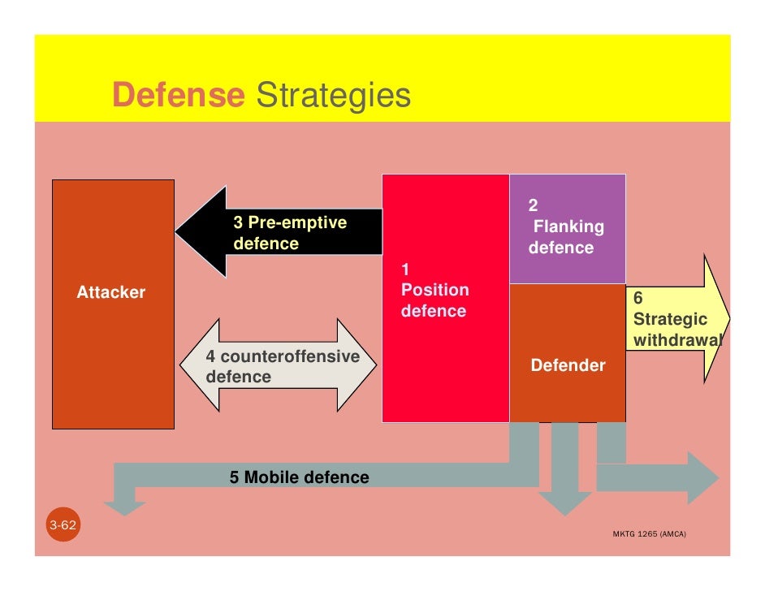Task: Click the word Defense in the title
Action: (178, 96)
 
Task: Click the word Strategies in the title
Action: (334, 96)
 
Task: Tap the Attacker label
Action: (111, 292)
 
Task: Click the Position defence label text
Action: (434, 300)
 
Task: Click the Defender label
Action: (568, 365)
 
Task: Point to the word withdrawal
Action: (676, 340)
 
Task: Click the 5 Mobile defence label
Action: (299, 477)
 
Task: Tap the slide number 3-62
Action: (63, 526)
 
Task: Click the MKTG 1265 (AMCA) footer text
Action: (648, 535)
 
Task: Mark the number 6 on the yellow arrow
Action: (638, 299)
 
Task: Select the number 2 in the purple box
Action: (533, 205)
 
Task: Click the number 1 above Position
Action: (407, 269)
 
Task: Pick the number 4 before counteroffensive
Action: (210, 356)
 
